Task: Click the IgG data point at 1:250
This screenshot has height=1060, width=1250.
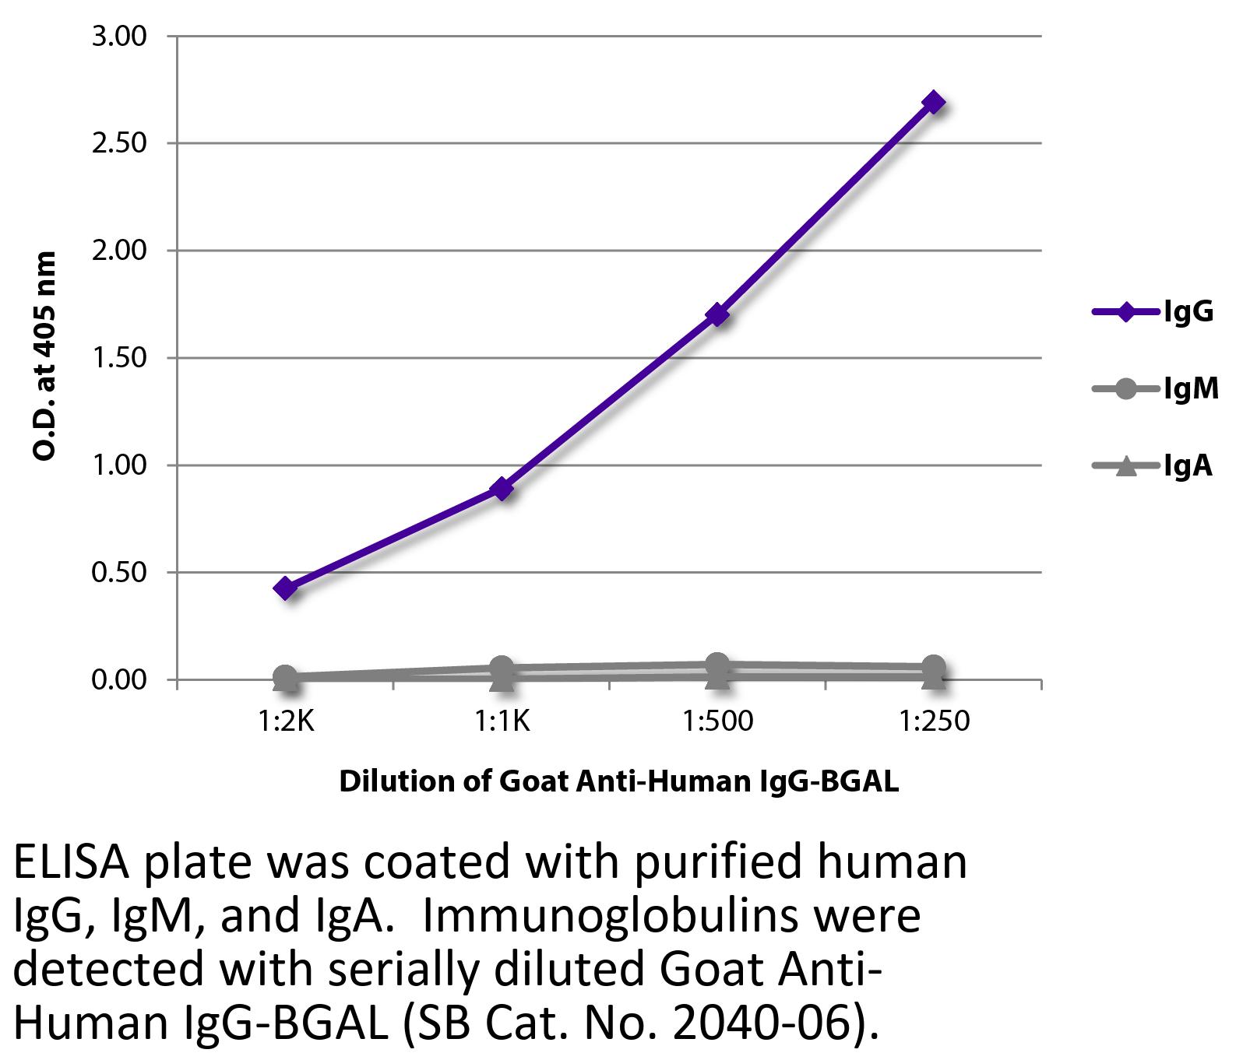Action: [x=933, y=103]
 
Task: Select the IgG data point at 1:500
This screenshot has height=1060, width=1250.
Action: [x=717, y=315]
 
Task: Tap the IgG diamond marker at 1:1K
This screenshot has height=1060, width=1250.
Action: [x=502, y=489]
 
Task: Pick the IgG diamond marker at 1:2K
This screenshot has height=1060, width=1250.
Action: [x=286, y=588]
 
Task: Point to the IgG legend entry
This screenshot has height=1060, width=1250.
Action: [x=1153, y=312]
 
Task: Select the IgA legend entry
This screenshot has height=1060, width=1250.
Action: [x=1153, y=465]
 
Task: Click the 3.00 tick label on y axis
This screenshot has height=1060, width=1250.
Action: [x=119, y=37]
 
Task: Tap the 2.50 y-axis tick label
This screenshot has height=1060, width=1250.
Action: [x=119, y=144]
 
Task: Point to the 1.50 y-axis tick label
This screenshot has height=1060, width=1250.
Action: [x=119, y=358]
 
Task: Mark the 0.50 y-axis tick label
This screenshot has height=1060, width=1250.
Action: [x=119, y=573]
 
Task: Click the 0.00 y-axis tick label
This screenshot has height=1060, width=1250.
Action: [x=119, y=680]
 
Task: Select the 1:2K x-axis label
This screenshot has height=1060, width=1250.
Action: [x=286, y=721]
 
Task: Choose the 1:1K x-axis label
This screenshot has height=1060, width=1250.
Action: [x=502, y=721]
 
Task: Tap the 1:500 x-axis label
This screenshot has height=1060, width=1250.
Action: [x=717, y=721]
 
